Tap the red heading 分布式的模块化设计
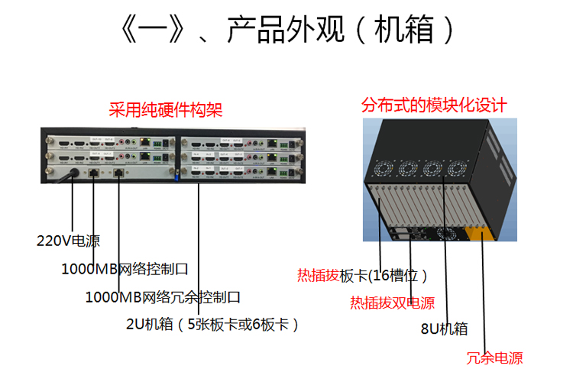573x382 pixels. pyautogui.click(x=435, y=104)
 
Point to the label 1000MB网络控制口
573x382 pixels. pyautogui.click(x=125, y=269)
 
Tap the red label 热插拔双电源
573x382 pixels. pyautogui.click(x=392, y=303)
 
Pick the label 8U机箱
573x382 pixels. pyautogui.click(x=444, y=329)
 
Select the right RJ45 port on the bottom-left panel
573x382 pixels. pyautogui.click(x=119, y=173)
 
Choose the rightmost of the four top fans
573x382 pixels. pyautogui.click(x=460, y=167)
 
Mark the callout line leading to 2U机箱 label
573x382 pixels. pyautogui.click(x=198, y=252)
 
